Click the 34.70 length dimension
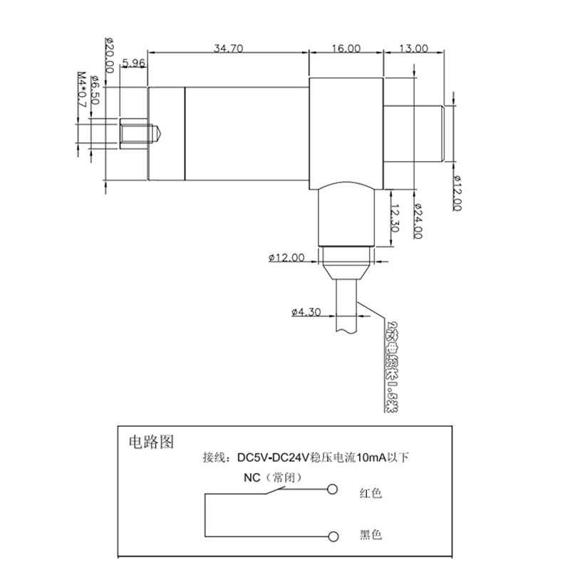[228, 48]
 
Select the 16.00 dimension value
[346, 48]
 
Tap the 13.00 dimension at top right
[414, 48]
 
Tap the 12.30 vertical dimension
[394, 217]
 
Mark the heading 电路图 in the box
[149, 441]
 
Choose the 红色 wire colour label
[371, 492]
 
